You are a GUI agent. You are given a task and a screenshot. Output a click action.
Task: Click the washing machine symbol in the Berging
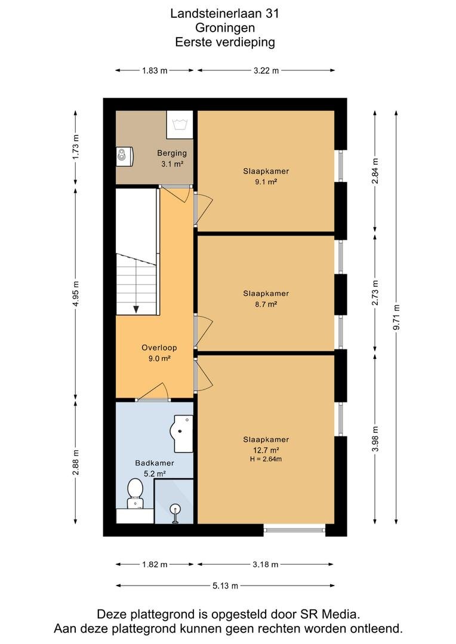click(180, 125)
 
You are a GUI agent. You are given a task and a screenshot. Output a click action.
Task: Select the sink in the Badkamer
click(181, 434)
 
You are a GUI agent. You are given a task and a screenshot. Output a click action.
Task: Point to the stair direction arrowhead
click(136, 309)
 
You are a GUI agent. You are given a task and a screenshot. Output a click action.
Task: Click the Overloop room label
click(159, 348)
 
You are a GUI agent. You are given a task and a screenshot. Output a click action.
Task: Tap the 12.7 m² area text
click(266, 450)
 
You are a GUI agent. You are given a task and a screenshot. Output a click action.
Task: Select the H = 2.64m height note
click(266, 459)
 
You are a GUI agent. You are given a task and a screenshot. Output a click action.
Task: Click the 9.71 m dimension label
click(396, 317)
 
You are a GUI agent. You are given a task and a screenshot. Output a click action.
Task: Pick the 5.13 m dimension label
click(226, 586)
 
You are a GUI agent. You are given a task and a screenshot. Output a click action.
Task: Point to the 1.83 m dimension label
click(155, 70)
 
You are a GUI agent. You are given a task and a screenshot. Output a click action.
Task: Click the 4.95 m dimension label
click(75, 293)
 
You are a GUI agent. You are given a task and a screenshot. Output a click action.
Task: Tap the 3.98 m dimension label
click(375, 439)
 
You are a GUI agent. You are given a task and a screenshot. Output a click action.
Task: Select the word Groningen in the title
click(225, 28)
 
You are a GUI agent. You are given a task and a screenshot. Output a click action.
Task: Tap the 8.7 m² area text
click(266, 304)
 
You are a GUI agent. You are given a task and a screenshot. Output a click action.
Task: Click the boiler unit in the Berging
click(125, 156)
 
